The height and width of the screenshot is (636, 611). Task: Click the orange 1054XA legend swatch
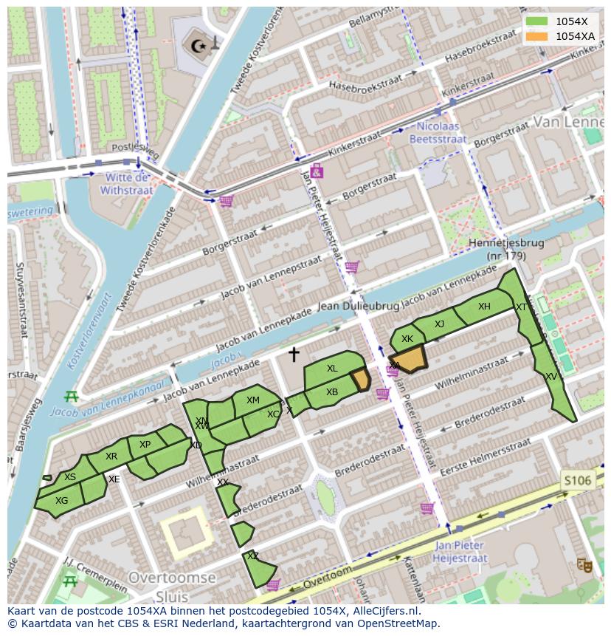[x=537, y=36]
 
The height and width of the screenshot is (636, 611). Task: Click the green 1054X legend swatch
[x=537, y=21]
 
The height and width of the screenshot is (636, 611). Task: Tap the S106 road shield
[x=577, y=481]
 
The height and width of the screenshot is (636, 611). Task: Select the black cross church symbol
[x=294, y=355]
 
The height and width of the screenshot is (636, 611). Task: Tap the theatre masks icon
[x=584, y=565]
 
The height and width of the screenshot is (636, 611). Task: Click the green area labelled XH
[x=483, y=307]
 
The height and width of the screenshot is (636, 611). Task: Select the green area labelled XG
[x=62, y=501]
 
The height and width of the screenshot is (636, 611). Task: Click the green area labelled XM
[x=253, y=401]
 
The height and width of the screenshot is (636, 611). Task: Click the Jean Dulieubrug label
[x=358, y=306]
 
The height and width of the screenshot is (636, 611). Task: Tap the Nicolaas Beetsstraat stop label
[x=438, y=132]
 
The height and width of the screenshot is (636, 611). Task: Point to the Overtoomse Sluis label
[x=172, y=586]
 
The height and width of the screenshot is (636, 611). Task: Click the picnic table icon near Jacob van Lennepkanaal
[x=71, y=397]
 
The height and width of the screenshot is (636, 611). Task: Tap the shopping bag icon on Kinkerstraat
[x=317, y=171]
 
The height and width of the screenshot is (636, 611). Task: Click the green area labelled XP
[x=145, y=445]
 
